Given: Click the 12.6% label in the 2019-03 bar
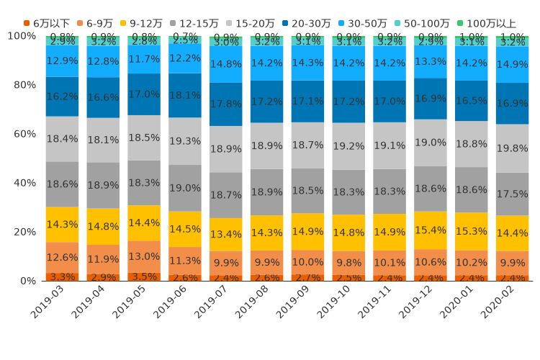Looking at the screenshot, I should pyautogui.click(x=62, y=258).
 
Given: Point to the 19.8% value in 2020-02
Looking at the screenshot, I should pyautogui.click(x=513, y=148).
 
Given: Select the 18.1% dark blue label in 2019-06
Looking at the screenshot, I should pyautogui.click(x=185, y=95).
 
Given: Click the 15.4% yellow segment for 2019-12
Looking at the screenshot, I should pyautogui.click(x=431, y=230).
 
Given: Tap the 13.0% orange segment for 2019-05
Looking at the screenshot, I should pyautogui.click(x=144, y=256).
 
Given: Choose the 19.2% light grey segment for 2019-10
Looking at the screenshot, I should pyautogui.click(x=348, y=146).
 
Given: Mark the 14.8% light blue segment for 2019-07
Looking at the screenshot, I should pyautogui.click(x=226, y=64).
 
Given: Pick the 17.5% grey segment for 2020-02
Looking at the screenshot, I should pyautogui.click(x=513, y=194).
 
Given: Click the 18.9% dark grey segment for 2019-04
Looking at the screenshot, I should pyautogui.click(x=103, y=185).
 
